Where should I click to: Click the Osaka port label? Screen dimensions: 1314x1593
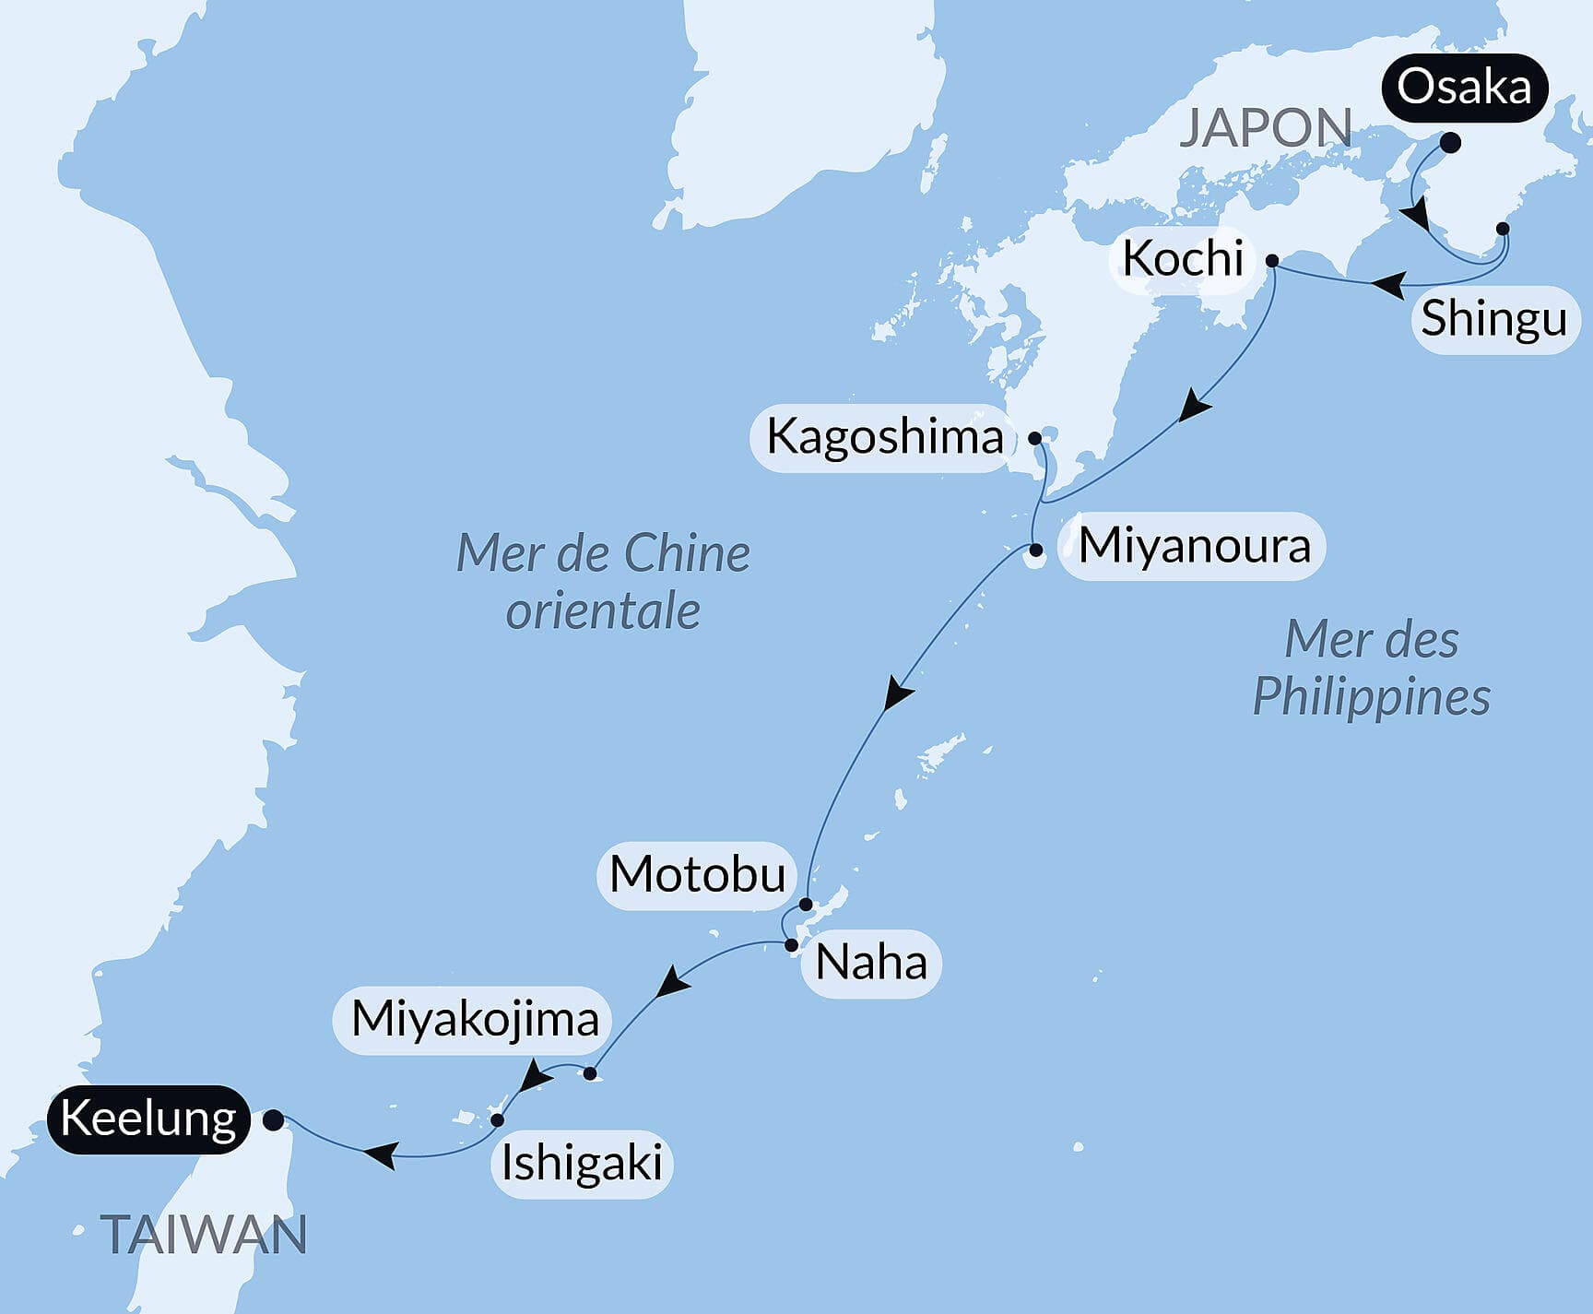[x=1464, y=89]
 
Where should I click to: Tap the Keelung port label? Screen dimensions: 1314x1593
[x=148, y=1119]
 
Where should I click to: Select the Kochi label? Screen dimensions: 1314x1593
[x=1183, y=258]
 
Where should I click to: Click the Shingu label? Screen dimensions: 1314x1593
[x=1493, y=319]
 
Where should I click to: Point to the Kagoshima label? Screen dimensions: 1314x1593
[x=884, y=436]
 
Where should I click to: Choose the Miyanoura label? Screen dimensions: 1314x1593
[x=1194, y=546]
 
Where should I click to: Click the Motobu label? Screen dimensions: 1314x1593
[x=697, y=874]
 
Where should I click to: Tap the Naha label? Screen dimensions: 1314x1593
[x=871, y=964]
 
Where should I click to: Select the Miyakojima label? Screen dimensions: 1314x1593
[x=475, y=1020]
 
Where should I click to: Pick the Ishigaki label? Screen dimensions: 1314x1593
[x=582, y=1164]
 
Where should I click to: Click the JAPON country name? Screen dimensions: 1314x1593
[x=1266, y=128]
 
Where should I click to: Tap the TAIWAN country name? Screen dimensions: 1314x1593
[x=204, y=1236]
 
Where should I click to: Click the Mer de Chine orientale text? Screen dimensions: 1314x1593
[x=603, y=582]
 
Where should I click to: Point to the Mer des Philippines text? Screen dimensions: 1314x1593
[x=1372, y=669]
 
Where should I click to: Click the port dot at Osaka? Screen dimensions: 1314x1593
[x=1450, y=143]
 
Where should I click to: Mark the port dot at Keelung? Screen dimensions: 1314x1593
[x=273, y=1120]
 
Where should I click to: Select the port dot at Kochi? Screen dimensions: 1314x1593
[x=1272, y=261]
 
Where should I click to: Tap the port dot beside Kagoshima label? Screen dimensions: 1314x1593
[x=1034, y=437]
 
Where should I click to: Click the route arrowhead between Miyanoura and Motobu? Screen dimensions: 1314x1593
[x=897, y=693]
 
